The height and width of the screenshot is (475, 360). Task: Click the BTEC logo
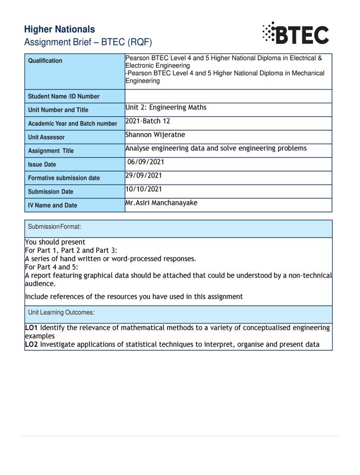point(295,33)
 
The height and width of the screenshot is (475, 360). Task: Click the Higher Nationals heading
point(59,29)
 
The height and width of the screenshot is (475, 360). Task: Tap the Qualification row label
point(45,61)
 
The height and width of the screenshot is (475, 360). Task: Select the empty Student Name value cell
point(228,96)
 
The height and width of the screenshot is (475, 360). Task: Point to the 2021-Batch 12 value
point(147,121)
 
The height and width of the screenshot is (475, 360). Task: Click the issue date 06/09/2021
point(146,162)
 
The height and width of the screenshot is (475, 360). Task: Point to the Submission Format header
point(55,227)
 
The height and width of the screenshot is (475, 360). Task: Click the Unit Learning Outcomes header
point(61,312)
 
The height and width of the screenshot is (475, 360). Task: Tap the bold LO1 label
point(31,328)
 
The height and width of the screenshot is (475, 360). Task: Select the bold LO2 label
point(31,344)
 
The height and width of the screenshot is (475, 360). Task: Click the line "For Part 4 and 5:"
point(52,267)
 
